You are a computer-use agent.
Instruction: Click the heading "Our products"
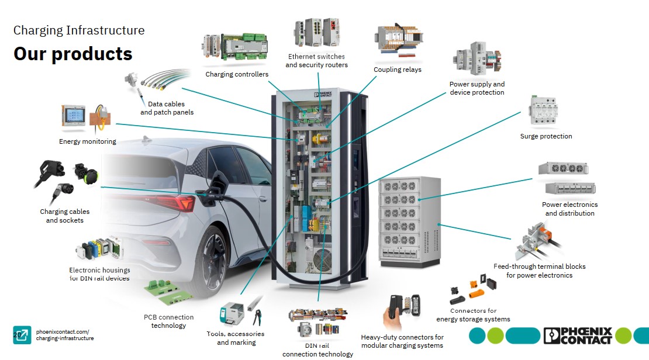click(73, 54)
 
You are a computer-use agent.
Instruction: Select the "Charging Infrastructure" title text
click(79, 30)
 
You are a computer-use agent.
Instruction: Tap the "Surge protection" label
click(546, 136)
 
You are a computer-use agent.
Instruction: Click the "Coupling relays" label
click(398, 70)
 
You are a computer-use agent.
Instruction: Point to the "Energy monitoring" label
click(88, 141)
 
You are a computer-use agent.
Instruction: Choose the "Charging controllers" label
click(237, 74)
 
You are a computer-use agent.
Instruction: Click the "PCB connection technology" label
click(168, 321)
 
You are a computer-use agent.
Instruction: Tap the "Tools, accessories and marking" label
click(236, 338)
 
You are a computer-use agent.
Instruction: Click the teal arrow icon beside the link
click(22, 335)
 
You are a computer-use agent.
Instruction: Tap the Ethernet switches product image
click(316, 34)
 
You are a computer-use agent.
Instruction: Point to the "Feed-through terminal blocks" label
click(539, 271)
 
